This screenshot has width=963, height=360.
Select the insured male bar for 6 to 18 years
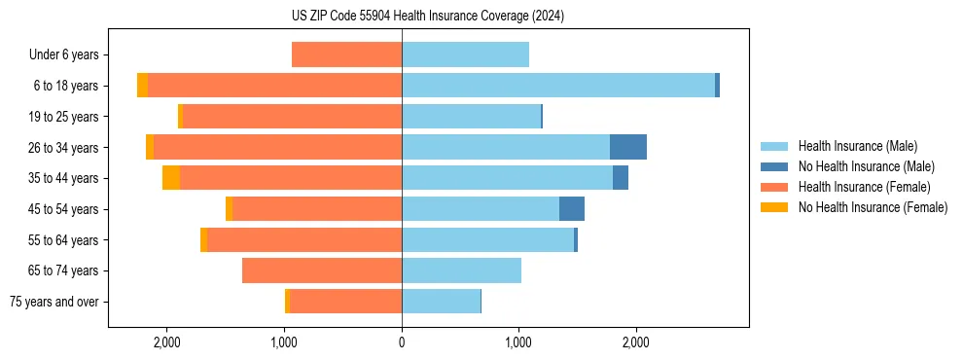(x=557, y=86)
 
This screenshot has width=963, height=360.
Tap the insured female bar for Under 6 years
(x=346, y=54)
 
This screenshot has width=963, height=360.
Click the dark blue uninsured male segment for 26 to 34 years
(x=627, y=147)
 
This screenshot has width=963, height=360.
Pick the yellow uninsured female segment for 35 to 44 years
(x=171, y=178)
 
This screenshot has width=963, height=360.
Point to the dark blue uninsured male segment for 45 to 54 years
(x=571, y=208)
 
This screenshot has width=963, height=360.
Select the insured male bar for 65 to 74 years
(x=461, y=270)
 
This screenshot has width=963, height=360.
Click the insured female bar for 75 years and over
(x=345, y=302)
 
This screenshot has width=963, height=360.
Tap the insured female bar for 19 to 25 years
(x=292, y=117)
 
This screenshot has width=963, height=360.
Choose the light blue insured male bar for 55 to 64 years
(x=487, y=239)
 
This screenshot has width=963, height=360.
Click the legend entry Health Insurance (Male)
(x=857, y=146)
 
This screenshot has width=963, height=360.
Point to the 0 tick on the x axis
(x=402, y=342)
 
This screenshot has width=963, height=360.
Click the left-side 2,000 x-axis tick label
(x=167, y=342)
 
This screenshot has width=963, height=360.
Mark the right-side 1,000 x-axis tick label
(x=518, y=342)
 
